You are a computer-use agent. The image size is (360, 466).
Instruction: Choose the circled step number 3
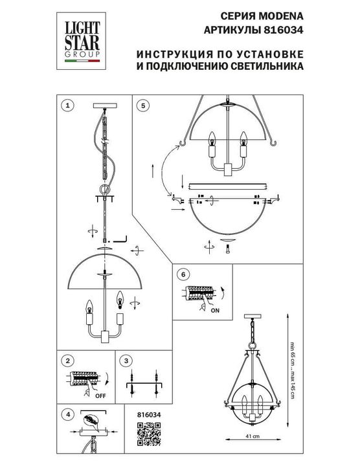127,361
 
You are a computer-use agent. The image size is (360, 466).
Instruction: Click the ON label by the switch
215,311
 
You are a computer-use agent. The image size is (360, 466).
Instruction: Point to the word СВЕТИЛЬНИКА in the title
267,65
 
